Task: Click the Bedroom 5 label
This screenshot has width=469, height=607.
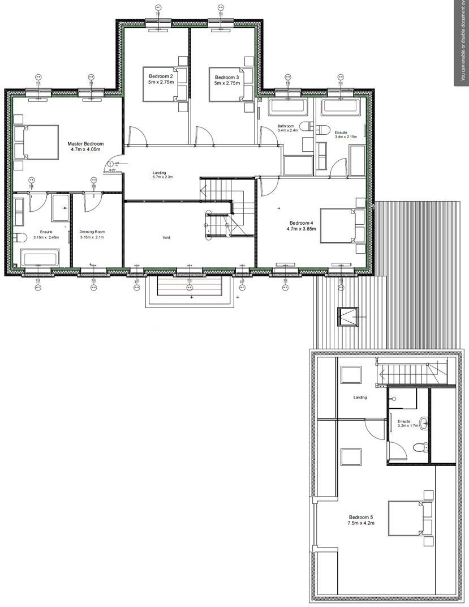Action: (x=360, y=521)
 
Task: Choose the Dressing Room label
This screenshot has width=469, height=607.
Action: (x=92, y=235)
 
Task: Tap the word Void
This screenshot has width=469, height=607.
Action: (x=166, y=238)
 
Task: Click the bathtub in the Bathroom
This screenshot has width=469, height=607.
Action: (x=287, y=106)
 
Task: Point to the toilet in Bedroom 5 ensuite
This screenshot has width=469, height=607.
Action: (x=419, y=447)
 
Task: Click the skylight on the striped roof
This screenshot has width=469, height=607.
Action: (x=347, y=317)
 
